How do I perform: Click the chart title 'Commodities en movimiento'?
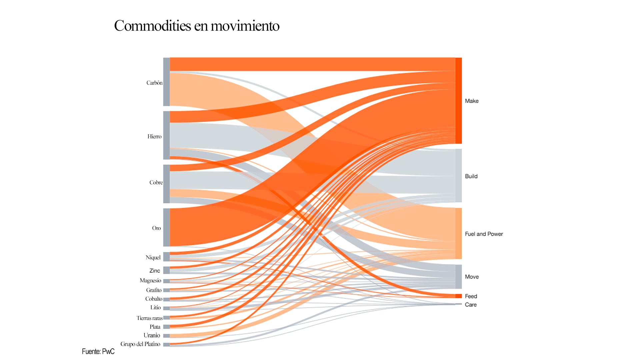point(197,26)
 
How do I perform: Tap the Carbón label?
point(154,83)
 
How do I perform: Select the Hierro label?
point(154,136)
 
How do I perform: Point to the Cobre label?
point(156,182)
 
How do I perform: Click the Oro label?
point(156,228)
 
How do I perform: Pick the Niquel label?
point(153,257)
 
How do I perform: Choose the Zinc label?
point(155,271)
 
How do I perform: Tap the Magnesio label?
point(150,281)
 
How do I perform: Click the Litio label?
point(155,307)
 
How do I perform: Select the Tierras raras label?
point(149,318)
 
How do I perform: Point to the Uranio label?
point(152,335)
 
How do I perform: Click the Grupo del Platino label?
point(140,344)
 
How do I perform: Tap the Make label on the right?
point(472,101)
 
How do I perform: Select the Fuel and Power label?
point(484,234)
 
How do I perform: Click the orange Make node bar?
point(459,101)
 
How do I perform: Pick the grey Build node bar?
point(459,176)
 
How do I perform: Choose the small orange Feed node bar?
point(459,296)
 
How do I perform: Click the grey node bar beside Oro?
point(166,227)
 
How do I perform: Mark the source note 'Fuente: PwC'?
point(98,351)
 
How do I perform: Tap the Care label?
point(471,305)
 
